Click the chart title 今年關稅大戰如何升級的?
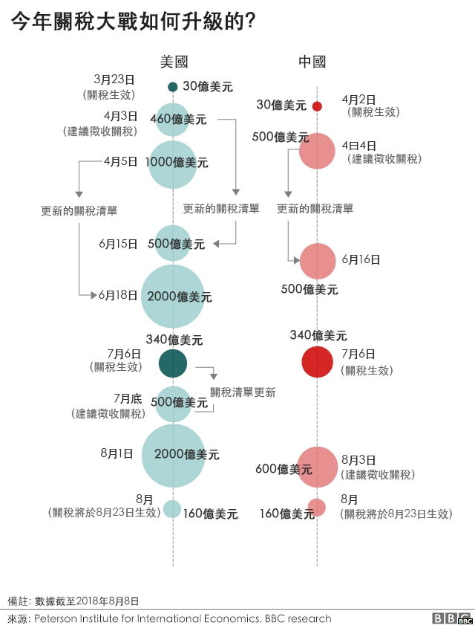tap(134, 22)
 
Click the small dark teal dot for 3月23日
tap(173, 87)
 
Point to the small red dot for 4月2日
tap(317, 106)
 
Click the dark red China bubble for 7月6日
tap(317, 362)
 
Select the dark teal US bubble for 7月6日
tap(173, 362)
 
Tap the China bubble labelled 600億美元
tap(318, 466)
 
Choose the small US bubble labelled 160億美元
tap(173, 508)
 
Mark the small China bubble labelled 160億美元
tap(317, 508)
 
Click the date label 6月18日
tap(118, 296)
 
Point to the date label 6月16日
tap(361, 259)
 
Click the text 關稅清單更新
tap(242, 392)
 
